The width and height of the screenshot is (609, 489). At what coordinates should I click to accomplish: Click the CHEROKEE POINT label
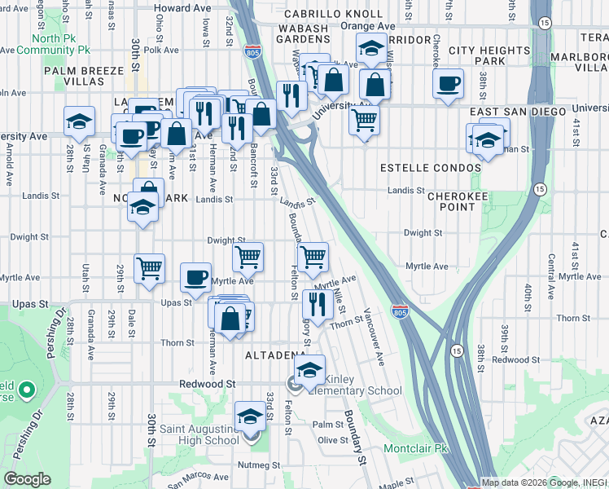tap(451, 201)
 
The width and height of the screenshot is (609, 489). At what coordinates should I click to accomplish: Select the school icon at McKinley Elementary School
tap(310, 370)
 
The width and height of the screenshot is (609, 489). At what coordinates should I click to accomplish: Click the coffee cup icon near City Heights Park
tap(448, 83)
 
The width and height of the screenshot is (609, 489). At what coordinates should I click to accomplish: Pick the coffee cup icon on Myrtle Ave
tap(195, 277)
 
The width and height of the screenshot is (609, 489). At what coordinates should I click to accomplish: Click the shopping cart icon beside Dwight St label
tap(248, 257)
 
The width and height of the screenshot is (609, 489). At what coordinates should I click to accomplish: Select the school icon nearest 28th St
tap(79, 122)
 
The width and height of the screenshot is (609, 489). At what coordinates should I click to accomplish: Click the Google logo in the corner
tap(27, 479)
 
